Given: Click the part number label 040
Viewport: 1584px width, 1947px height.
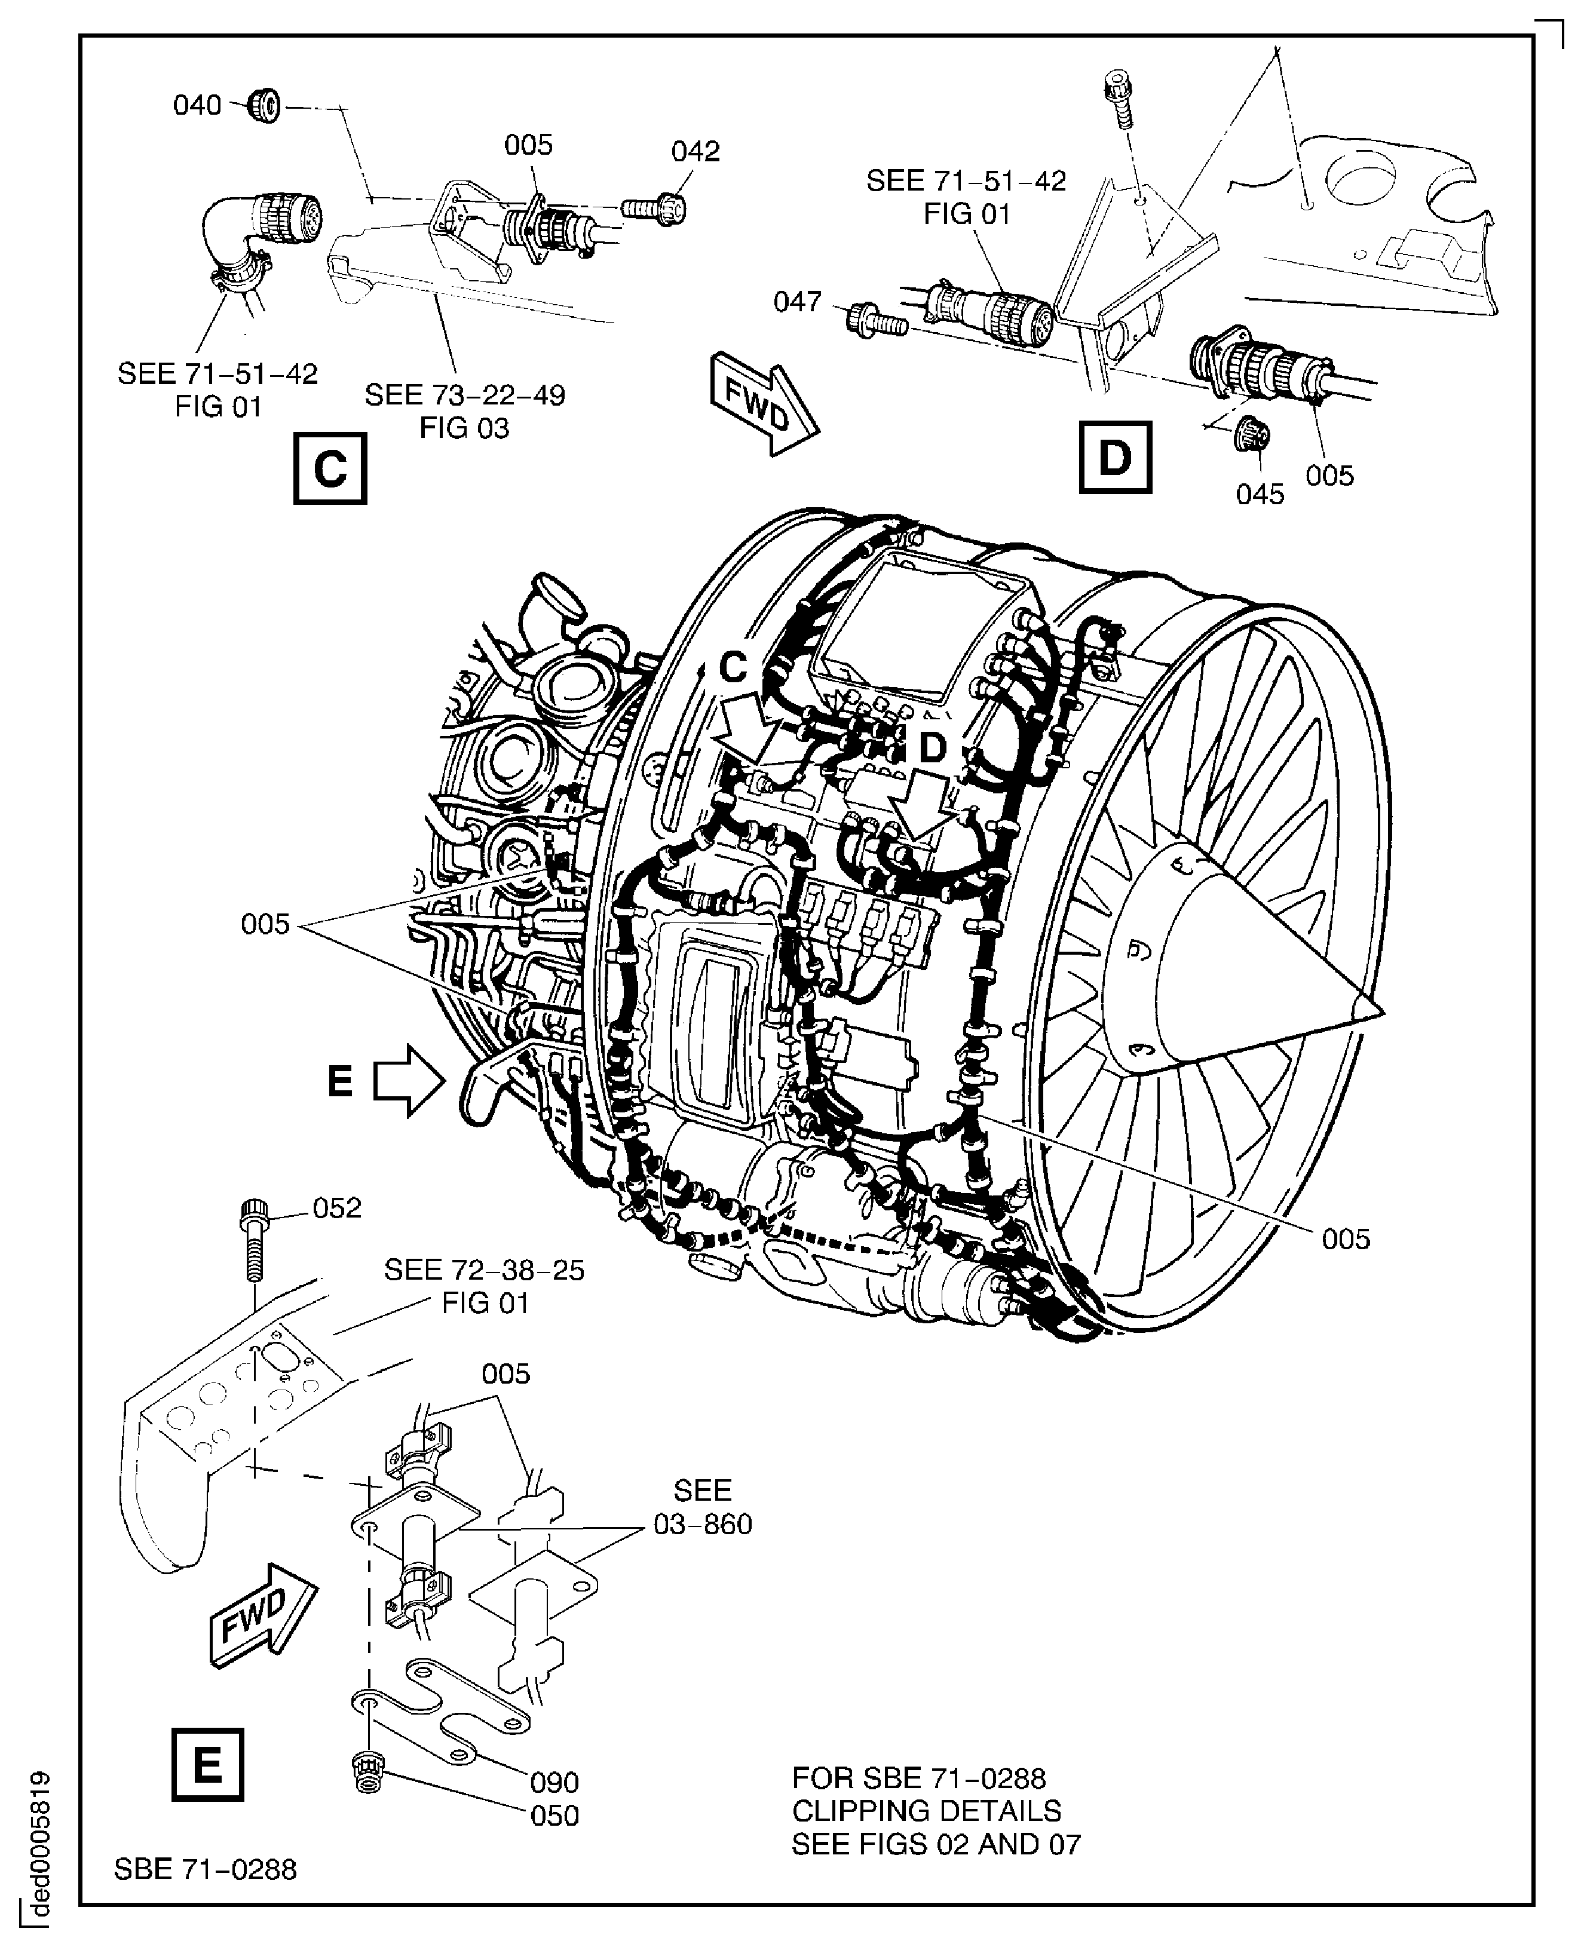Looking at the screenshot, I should [197, 106].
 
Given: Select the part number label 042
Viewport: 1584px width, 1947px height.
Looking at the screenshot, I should [696, 152].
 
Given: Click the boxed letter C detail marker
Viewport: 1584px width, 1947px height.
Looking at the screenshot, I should [329, 469].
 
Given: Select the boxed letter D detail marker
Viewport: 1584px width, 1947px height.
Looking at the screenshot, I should [1114, 457].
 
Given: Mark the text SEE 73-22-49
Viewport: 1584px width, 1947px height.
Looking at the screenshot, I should [464, 395].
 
